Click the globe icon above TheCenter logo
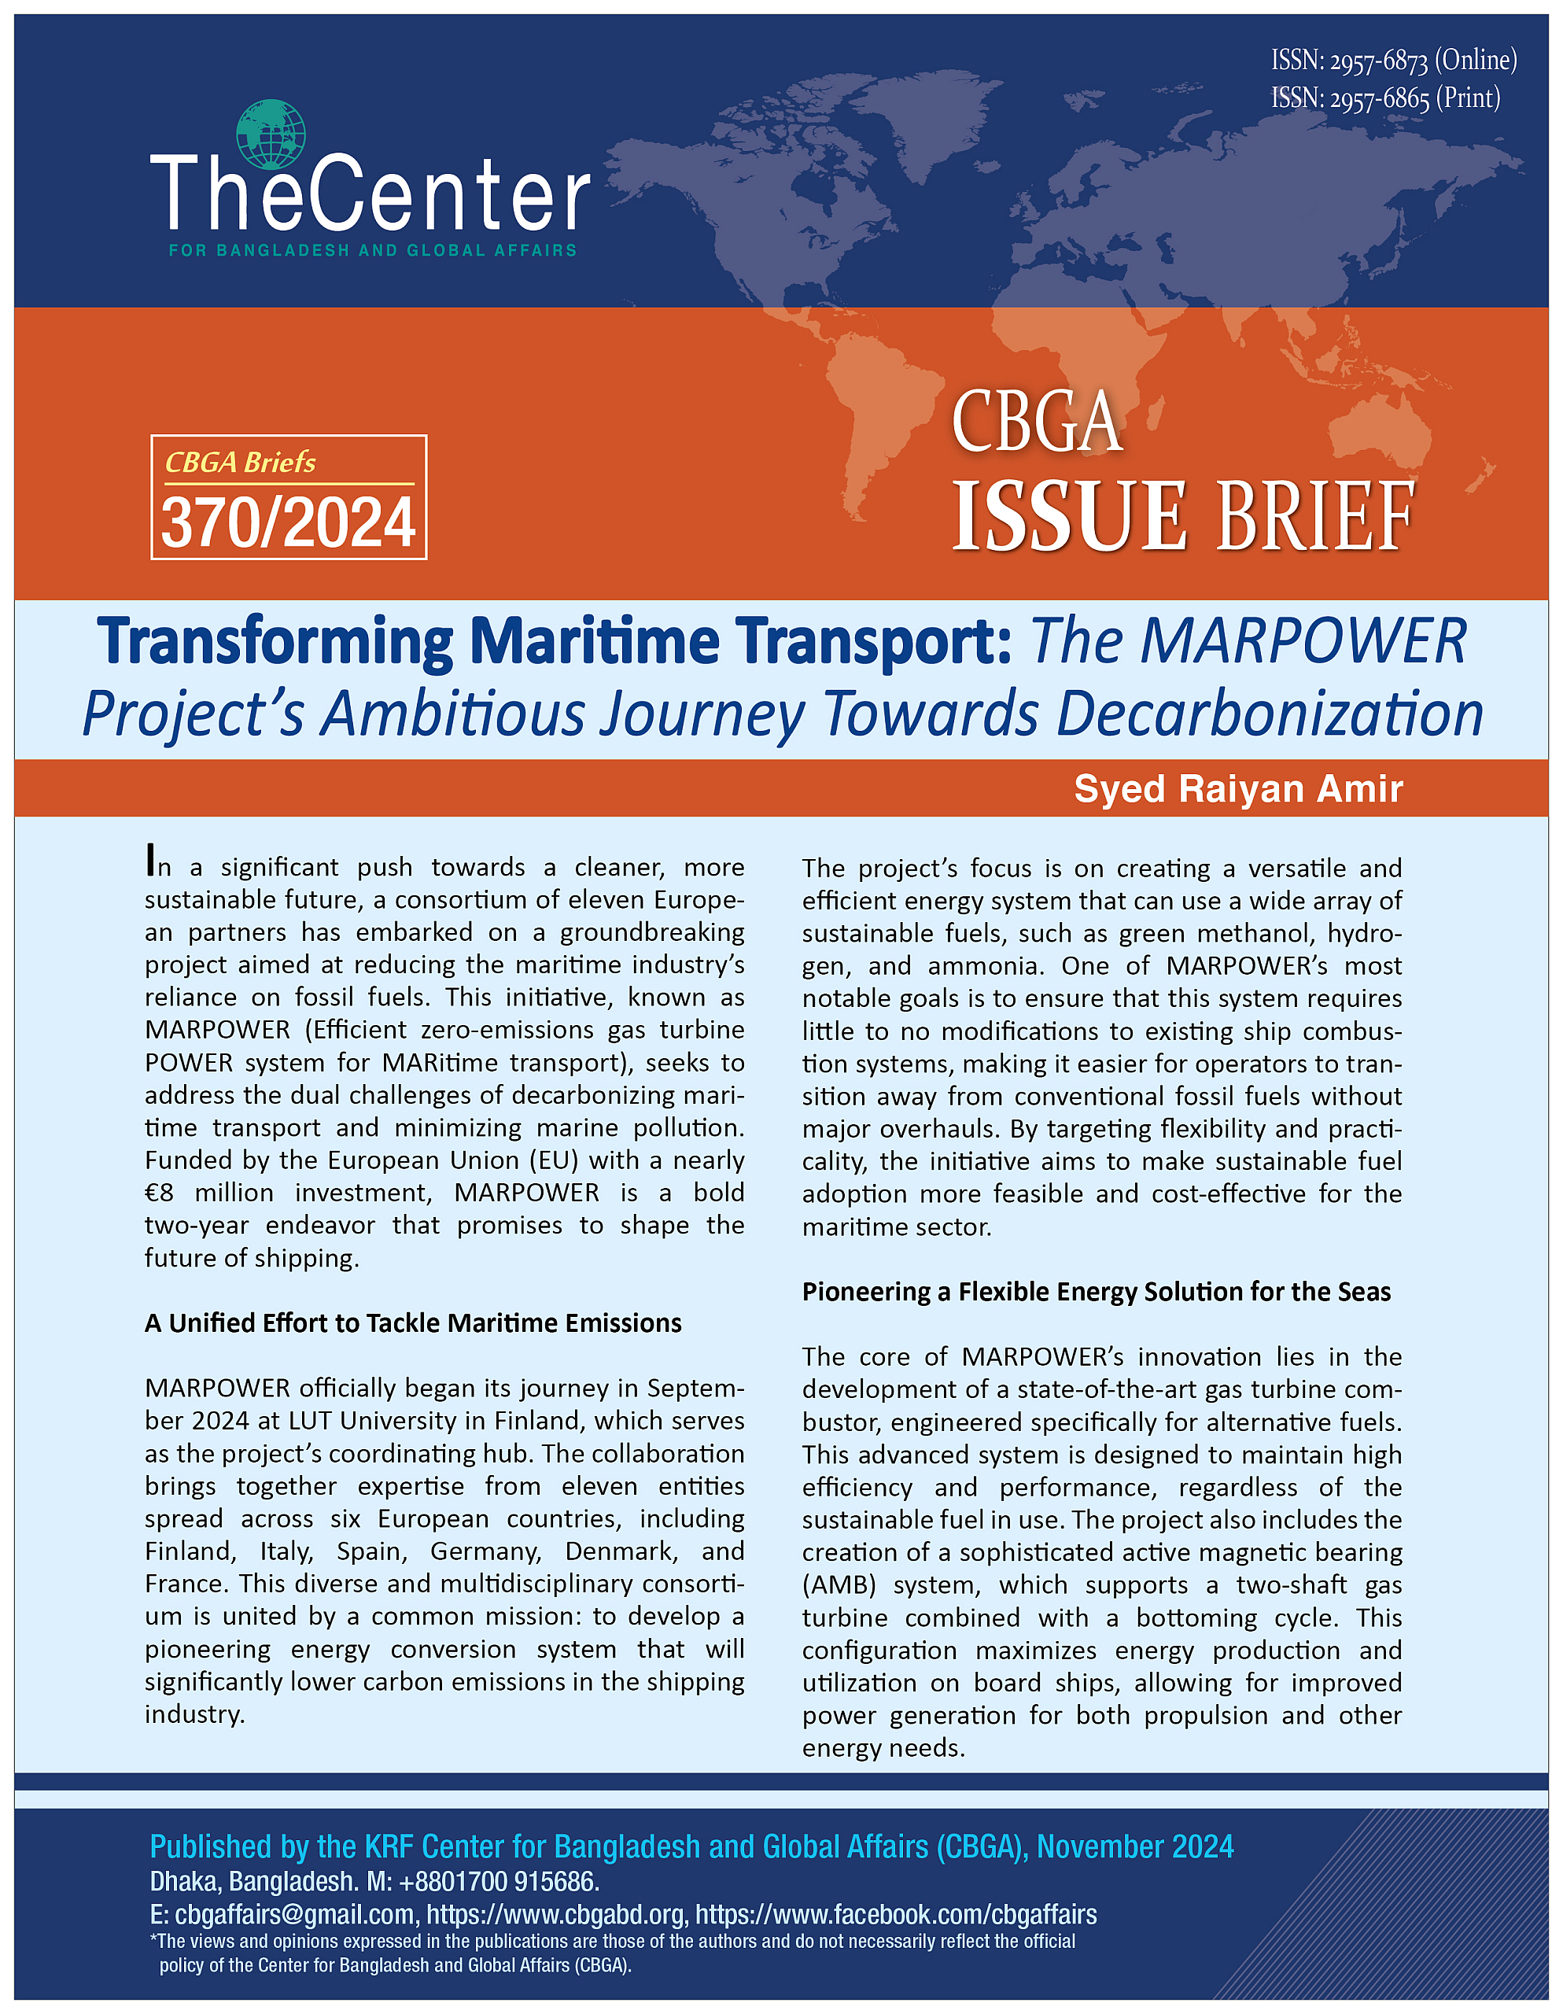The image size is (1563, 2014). pyautogui.click(x=270, y=135)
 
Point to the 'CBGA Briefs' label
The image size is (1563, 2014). pyautogui.click(x=240, y=462)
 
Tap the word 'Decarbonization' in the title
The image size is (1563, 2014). pyautogui.click(x=1269, y=714)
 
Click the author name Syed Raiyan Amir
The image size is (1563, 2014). pyautogui.click(x=1237, y=789)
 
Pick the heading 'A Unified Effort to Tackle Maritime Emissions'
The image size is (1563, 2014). pyautogui.click(x=412, y=1323)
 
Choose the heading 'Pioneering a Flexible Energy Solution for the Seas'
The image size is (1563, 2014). pyautogui.click(x=1096, y=1292)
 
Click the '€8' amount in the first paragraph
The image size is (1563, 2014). pyautogui.click(x=160, y=1193)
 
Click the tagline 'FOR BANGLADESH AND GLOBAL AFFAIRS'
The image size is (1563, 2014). pyautogui.click(x=373, y=250)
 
